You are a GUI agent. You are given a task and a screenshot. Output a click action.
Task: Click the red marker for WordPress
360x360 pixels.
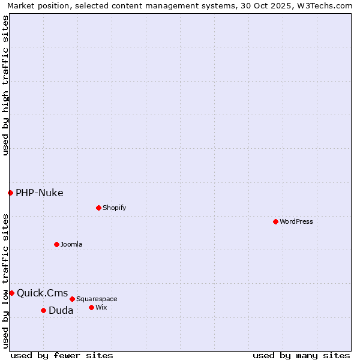tap(275, 221)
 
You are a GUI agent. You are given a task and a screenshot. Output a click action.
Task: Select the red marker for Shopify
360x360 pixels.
tap(98, 208)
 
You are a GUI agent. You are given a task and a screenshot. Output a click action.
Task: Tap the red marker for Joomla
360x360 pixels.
tap(56, 244)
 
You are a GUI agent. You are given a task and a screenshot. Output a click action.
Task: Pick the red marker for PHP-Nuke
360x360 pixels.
tap(10, 193)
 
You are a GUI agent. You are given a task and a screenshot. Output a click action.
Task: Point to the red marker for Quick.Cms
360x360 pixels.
tap(11, 293)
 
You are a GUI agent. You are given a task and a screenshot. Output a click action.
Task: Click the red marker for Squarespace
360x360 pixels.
tap(72, 299)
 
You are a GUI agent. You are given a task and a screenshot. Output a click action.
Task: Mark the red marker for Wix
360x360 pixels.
tap(91, 307)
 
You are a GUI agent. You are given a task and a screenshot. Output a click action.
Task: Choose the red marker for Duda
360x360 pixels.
tap(43, 310)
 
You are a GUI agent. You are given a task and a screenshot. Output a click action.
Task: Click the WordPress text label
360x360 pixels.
tap(296, 221)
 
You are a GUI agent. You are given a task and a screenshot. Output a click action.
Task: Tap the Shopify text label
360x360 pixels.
tap(114, 208)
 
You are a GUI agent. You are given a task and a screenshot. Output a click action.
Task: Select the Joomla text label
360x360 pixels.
tap(71, 244)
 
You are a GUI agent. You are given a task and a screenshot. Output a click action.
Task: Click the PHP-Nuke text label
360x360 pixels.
tap(40, 193)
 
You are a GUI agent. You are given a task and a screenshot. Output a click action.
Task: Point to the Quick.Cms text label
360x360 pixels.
tap(43, 293)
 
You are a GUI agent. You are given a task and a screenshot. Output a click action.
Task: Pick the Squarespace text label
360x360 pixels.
tap(97, 299)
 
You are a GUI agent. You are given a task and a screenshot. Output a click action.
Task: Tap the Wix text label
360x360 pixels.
tap(101, 307)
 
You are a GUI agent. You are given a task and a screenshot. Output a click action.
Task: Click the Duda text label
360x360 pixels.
tap(61, 310)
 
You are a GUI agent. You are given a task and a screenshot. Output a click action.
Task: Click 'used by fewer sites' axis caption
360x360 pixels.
tap(62, 355)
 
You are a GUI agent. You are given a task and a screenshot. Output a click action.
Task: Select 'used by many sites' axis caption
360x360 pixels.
tap(301, 355)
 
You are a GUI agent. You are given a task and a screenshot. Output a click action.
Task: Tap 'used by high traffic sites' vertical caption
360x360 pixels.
tap(5, 85)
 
